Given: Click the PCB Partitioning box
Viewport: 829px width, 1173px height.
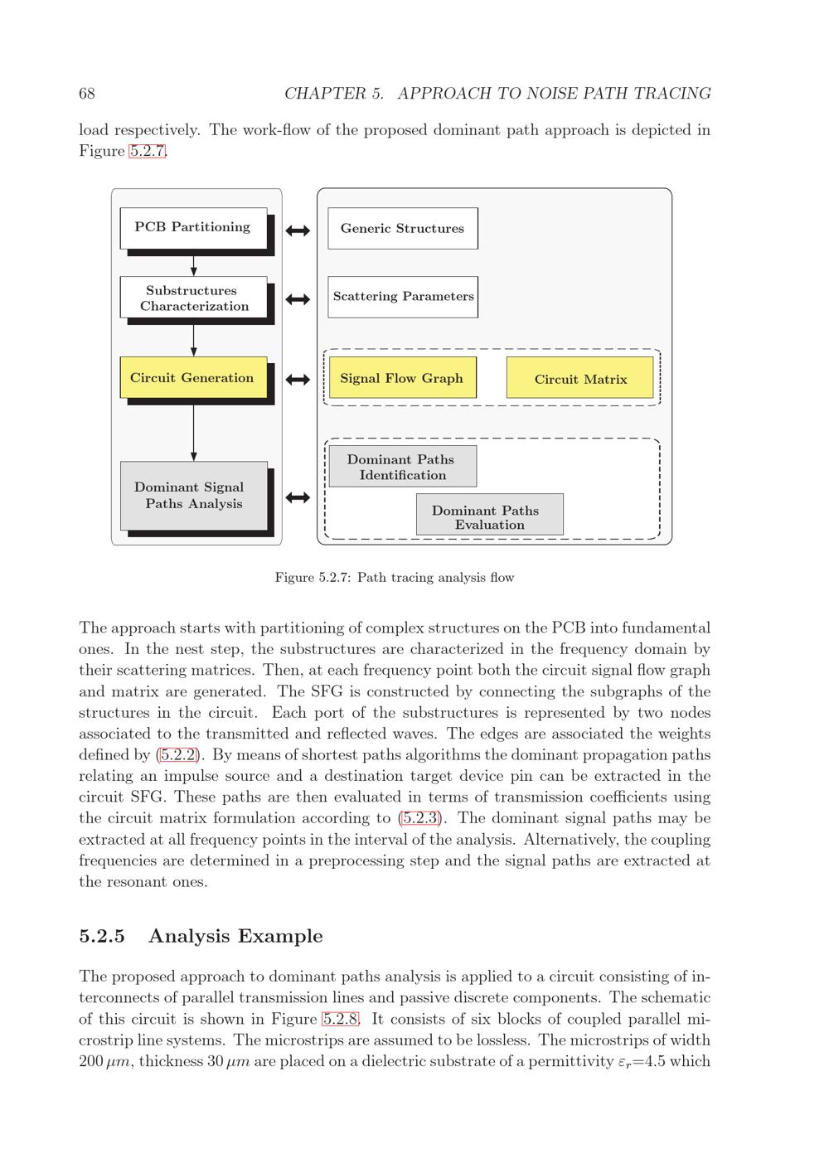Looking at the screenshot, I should tap(193, 227).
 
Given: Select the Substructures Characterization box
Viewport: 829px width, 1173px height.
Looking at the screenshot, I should tap(193, 298).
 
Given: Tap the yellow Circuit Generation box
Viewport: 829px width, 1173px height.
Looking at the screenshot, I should tap(193, 378).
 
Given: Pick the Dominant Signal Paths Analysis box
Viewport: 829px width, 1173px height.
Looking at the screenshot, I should tap(194, 495).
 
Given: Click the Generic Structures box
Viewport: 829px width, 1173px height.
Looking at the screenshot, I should tap(403, 229).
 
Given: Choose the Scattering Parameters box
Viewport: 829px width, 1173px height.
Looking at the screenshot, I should tap(403, 297).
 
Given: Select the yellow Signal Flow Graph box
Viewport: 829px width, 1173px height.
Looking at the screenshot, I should tap(402, 378).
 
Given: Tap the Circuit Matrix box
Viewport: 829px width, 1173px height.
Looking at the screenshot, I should tap(579, 379).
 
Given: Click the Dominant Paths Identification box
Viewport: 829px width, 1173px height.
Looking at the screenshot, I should tap(402, 467).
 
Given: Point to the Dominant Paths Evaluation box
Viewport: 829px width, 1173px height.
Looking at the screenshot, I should tap(489, 516).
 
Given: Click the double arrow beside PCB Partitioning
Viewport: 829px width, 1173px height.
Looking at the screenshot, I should tap(298, 230).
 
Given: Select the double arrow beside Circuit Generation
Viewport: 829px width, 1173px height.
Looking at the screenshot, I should tap(298, 380).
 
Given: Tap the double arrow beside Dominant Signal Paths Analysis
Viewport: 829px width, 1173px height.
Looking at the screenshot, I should tap(298, 497).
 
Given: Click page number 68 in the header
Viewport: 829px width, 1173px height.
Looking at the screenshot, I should tap(87, 94).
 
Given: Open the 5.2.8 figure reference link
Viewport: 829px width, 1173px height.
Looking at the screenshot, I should tap(340, 1019).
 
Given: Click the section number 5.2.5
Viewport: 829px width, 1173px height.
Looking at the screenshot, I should tap(102, 936).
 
